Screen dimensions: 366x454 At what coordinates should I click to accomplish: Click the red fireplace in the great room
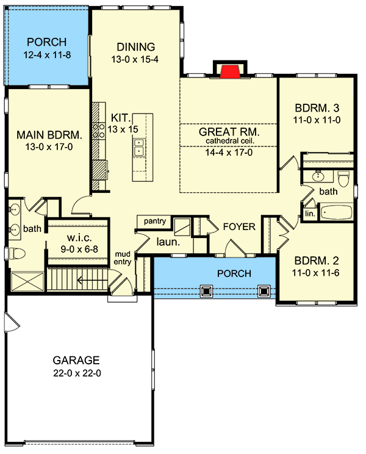click(x=230, y=71)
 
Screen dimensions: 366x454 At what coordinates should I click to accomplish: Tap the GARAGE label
click(x=76, y=360)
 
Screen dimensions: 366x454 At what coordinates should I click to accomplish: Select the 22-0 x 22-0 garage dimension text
click(x=77, y=373)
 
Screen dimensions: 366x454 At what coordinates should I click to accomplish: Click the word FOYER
click(x=239, y=227)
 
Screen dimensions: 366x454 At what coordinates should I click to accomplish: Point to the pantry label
click(x=155, y=222)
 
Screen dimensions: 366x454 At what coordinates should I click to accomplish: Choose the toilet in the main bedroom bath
click(x=17, y=254)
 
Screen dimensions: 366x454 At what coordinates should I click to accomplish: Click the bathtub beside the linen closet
click(x=336, y=212)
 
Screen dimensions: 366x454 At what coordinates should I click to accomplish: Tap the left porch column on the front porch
click(x=206, y=291)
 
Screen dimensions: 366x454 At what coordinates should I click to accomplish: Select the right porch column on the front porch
click(x=264, y=291)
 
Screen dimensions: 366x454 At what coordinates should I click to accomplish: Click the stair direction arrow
click(x=92, y=280)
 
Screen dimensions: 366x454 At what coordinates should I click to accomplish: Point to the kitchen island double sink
click(x=139, y=147)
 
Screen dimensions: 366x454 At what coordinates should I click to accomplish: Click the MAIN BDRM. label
click(x=49, y=135)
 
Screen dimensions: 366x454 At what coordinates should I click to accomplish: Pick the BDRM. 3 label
click(x=317, y=108)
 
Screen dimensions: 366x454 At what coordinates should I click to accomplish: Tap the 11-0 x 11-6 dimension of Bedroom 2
click(x=315, y=273)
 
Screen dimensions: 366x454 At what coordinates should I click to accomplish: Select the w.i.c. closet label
click(x=79, y=238)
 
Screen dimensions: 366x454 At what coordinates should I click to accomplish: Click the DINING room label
click(x=135, y=46)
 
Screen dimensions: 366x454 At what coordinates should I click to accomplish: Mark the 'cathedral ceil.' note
click(x=230, y=142)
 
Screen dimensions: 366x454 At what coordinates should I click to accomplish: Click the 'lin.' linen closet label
click(x=310, y=214)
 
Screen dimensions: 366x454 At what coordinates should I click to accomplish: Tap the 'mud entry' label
click(x=123, y=258)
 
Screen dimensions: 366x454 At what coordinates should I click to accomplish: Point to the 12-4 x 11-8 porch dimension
click(x=47, y=55)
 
